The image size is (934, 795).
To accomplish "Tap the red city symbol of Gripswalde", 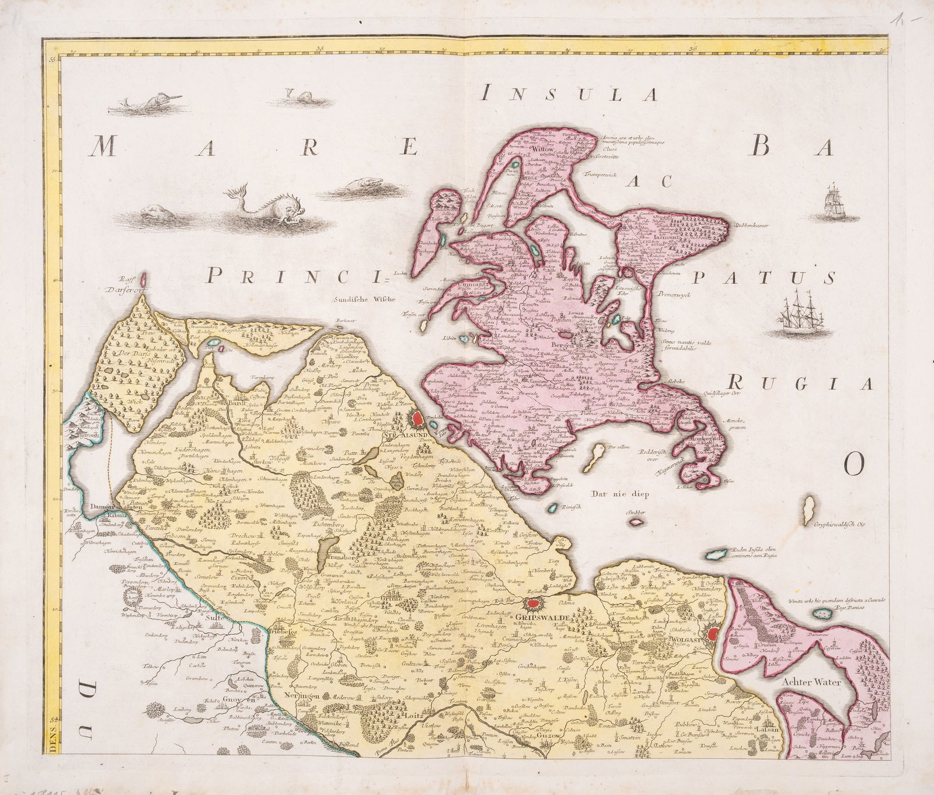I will coord(533,605).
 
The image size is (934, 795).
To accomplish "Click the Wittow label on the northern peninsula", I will coord(543,149).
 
